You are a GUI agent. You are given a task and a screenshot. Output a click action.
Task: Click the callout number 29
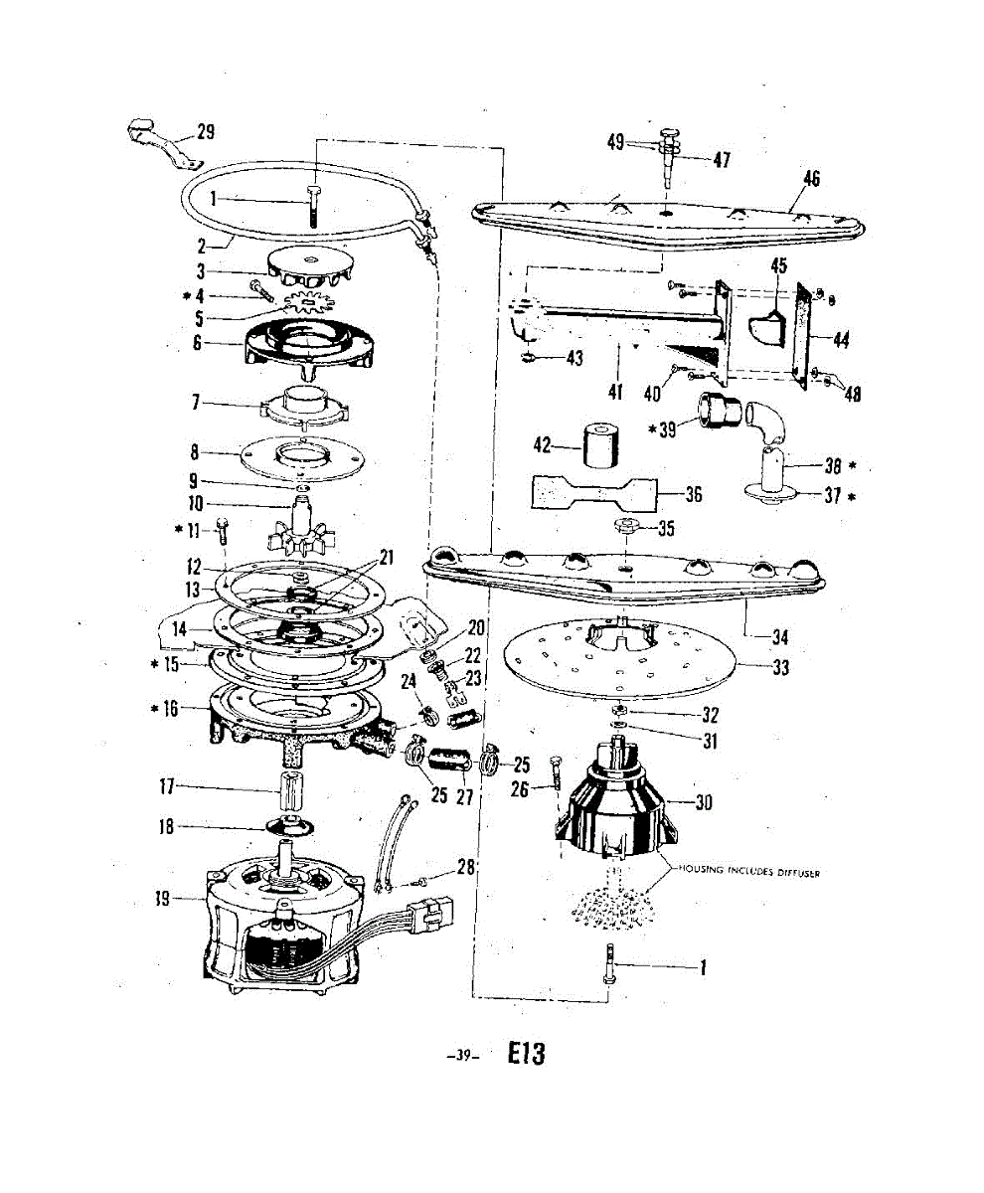(206, 132)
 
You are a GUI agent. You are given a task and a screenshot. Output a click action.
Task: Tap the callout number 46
(811, 179)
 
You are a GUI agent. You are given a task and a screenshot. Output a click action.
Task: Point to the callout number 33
(780, 668)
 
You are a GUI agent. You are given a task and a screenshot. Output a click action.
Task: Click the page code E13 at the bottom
(526, 1054)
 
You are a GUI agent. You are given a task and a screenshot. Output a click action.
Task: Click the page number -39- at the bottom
(463, 1057)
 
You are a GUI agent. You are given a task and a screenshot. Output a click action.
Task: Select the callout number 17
(167, 788)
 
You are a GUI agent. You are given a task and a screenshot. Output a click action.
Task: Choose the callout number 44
(841, 340)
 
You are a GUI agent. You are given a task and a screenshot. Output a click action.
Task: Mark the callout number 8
(196, 451)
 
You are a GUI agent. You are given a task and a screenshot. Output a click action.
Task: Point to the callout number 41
(615, 393)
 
